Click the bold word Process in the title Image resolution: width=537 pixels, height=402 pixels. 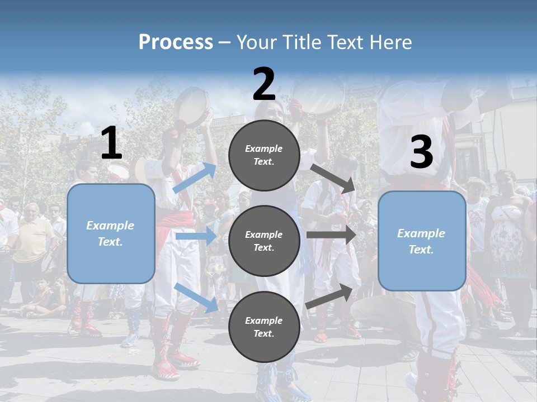coord(176,42)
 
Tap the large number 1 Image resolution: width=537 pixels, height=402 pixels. coord(111,143)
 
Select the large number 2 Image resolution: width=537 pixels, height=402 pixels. coord(264,85)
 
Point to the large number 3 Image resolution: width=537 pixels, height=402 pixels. coord(421,152)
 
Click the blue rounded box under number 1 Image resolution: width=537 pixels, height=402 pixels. coord(111,233)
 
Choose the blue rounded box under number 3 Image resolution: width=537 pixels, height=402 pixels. coord(422,241)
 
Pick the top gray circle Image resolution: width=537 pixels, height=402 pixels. coord(264,155)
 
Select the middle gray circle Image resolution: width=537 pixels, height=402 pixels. coord(264,241)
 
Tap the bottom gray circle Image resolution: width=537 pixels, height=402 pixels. coord(264,327)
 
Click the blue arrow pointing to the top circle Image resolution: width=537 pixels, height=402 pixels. coord(195,178)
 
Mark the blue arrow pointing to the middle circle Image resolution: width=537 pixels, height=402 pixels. coord(195,236)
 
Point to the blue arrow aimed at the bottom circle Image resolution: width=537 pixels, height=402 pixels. coord(196,297)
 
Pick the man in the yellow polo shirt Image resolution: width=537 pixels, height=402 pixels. coord(33,234)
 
